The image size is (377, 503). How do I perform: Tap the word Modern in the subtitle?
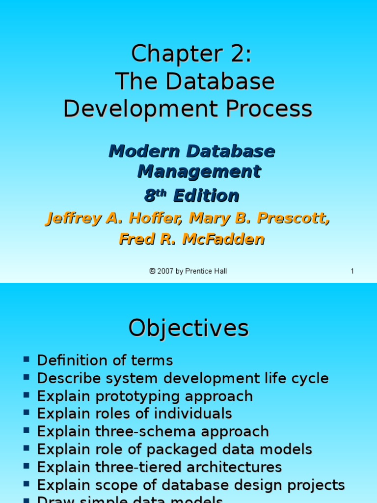(135, 151)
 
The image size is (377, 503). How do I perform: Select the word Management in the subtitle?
(199, 171)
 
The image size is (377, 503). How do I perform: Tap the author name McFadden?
(224, 239)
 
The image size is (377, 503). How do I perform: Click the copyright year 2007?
(165, 271)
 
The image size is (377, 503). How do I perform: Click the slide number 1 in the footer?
(352, 271)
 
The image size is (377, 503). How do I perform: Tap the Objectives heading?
(188, 328)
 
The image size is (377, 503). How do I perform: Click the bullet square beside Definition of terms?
(27, 360)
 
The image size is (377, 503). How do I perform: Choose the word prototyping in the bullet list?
(134, 396)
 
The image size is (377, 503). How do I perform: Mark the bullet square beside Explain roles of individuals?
(27, 413)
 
